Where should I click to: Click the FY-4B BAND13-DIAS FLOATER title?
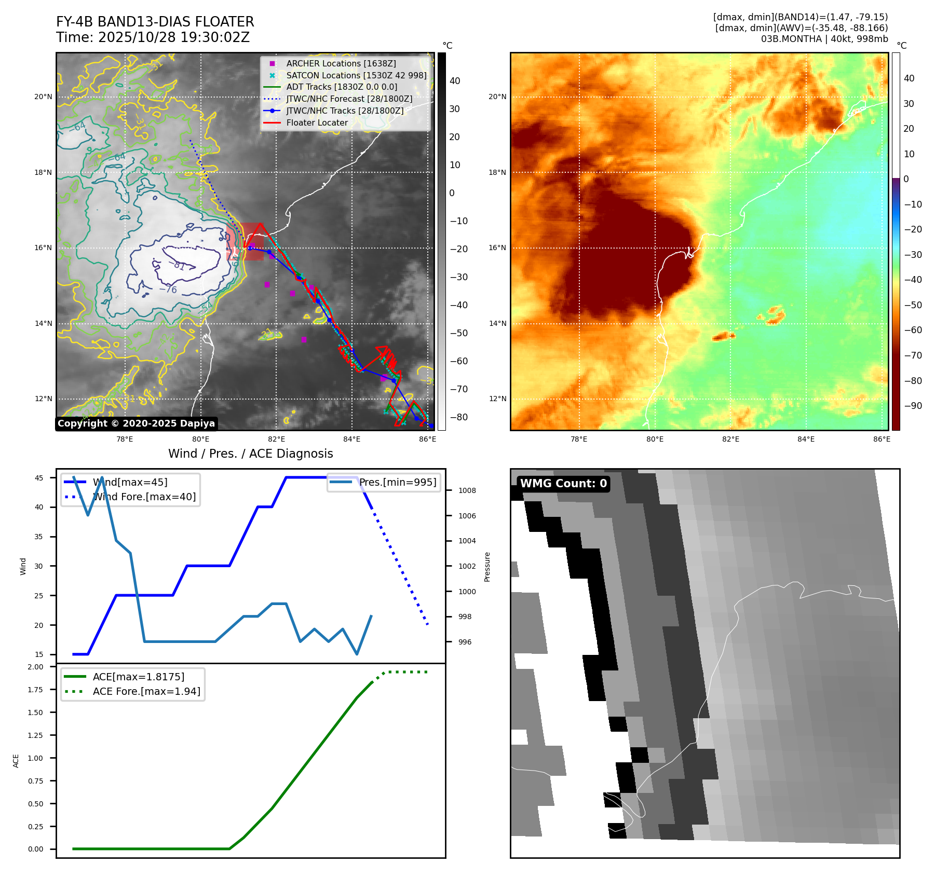155,22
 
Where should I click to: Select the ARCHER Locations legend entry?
341,63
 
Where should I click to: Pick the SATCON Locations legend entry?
356,75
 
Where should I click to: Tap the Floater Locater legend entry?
317,122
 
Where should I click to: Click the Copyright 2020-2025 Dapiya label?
136,423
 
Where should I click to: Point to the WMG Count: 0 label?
563,484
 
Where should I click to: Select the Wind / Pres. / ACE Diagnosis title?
251,454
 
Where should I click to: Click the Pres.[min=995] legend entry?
398,482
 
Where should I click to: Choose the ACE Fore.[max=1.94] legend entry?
146,691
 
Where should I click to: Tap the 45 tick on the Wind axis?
39,478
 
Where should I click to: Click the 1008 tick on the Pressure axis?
467,490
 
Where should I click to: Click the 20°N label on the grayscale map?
44,97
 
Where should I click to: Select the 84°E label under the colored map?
806,439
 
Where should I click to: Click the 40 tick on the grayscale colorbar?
455,81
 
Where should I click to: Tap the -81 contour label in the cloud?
177,265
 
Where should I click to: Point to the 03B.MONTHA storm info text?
824,39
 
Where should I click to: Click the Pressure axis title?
487,567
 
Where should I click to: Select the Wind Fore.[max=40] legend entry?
144,497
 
